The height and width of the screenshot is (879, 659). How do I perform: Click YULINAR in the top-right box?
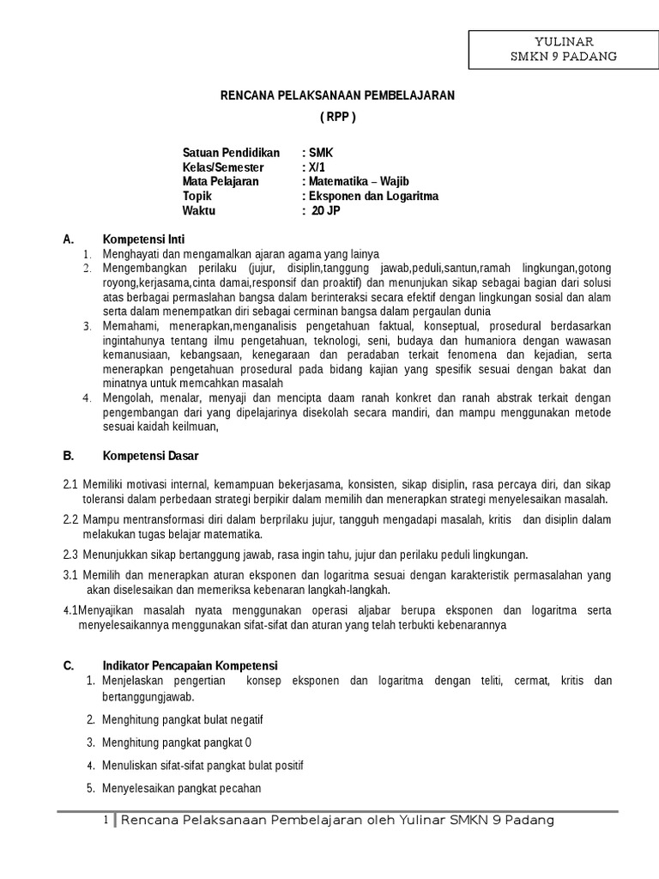(x=564, y=41)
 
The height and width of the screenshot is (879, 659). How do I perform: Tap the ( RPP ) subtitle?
(x=336, y=117)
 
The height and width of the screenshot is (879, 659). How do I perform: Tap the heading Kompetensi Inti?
(x=143, y=239)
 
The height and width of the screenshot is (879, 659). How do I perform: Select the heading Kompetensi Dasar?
(x=150, y=455)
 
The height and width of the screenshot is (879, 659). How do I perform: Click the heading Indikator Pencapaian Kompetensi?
(x=190, y=665)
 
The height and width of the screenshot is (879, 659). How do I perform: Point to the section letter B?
(x=68, y=455)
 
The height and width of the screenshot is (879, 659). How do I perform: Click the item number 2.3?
(x=70, y=554)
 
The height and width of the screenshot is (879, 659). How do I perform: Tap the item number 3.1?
(x=70, y=574)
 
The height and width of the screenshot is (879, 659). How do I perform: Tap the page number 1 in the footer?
(x=105, y=821)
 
